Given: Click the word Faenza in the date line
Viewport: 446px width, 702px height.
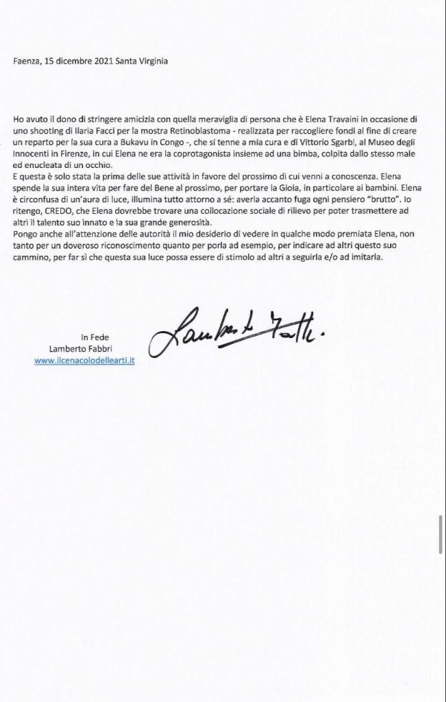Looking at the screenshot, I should coord(25,60).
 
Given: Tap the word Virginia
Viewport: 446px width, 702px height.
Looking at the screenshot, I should coord(152,60).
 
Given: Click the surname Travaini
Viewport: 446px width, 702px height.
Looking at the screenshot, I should coord(334,119).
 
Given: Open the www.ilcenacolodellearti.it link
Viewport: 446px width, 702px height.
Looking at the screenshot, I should coord(84,360).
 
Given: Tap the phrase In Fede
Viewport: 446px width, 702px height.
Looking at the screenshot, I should coord(95,337).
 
